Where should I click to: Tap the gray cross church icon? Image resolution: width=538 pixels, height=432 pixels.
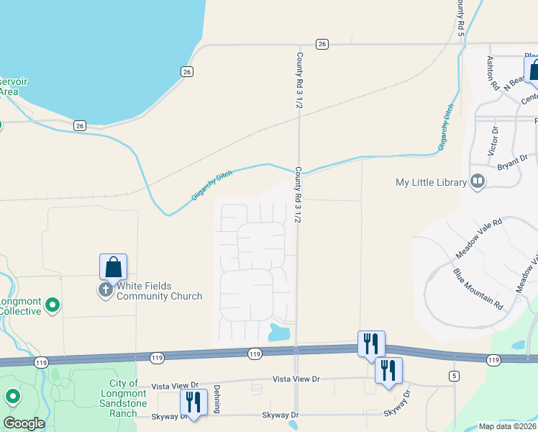click(105, 290)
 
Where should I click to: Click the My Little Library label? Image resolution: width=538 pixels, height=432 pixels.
click(432, 182)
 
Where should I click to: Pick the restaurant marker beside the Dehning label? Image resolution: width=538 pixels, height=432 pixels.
click(192, 402)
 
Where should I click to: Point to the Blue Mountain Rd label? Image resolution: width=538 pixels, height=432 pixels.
click(477, 289)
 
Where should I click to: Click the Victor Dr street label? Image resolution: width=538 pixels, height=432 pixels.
click(493, 142)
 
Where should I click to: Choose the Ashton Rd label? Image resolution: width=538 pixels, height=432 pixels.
click(493, 73)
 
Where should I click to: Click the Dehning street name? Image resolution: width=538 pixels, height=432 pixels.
click(215, 401)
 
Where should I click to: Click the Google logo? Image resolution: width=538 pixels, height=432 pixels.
click(23, 423)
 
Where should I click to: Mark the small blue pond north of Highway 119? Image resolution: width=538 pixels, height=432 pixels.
click(278, 333)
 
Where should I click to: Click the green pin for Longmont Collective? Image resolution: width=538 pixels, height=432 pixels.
click(52, 306)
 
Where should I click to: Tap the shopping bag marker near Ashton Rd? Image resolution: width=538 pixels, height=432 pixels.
click(533, 69)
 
